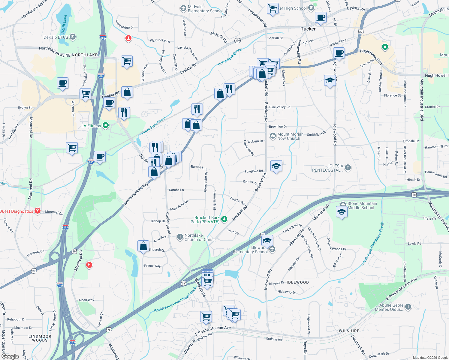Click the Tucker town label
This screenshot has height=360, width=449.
point(308,29)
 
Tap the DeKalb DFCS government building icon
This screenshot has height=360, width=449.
point(72,37)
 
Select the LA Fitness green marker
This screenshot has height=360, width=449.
point(106,125)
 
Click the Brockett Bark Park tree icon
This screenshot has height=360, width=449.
point(224,220)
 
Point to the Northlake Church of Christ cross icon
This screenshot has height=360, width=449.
point(180,237)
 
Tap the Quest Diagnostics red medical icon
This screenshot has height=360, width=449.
point(38,211)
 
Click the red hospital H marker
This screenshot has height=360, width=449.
point(89,265)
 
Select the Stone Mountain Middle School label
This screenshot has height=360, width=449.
point(362,205)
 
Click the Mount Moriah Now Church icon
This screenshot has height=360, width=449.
point(273,136)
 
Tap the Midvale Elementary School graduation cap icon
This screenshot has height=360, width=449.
point(183,8)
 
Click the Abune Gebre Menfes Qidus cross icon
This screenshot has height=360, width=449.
point(408,307)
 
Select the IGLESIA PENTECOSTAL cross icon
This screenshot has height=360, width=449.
point(348,168)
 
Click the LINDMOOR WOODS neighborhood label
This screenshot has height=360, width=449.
point(40,338)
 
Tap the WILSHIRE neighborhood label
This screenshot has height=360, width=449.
point(349,331)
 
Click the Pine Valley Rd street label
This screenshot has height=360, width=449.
point(280,107)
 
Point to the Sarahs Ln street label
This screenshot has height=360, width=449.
point(176,190)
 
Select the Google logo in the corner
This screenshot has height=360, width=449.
point(10,356)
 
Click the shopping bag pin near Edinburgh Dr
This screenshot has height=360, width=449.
point(143,246)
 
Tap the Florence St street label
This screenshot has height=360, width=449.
point(392,95)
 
